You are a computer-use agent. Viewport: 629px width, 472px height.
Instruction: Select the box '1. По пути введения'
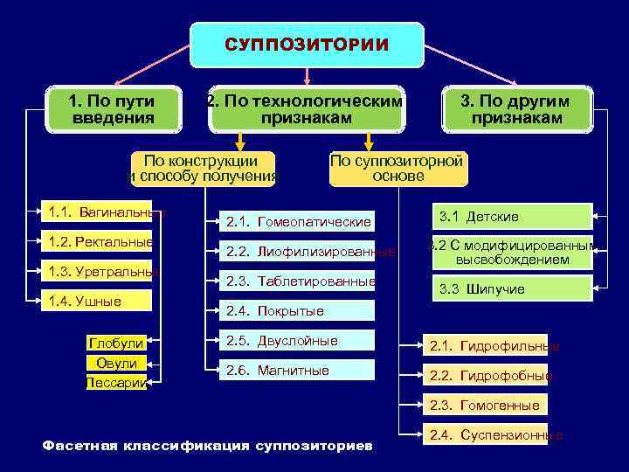point(112,109)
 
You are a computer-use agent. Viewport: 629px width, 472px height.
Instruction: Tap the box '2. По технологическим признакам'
point(305,109)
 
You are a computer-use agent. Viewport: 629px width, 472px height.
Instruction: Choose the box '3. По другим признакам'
point(516,109)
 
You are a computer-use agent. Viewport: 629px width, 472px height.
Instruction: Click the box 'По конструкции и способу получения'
point(201,169)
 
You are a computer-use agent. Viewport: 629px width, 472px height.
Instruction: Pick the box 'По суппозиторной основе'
point(397,169)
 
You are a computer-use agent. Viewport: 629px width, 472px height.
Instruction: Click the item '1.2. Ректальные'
point(98,242)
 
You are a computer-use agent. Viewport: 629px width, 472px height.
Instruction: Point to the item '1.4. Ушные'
point(98,302)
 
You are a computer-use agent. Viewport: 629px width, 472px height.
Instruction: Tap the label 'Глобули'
point(115,344)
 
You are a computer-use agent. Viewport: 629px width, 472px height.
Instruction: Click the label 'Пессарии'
point(115,382)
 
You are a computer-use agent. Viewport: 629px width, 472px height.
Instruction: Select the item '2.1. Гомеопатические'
point(298,222)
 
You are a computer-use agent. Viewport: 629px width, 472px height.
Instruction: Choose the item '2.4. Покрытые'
point(298,310)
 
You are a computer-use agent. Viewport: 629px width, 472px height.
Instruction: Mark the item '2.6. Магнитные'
point(298,371)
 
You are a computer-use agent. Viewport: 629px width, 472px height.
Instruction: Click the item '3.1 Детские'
point(513,216)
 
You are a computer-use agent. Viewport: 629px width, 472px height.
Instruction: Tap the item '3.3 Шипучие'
point(513,288)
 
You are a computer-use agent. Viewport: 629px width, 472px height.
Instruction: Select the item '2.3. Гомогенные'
point(485,406)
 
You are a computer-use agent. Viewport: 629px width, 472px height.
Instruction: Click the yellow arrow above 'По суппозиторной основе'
point(369,141)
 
